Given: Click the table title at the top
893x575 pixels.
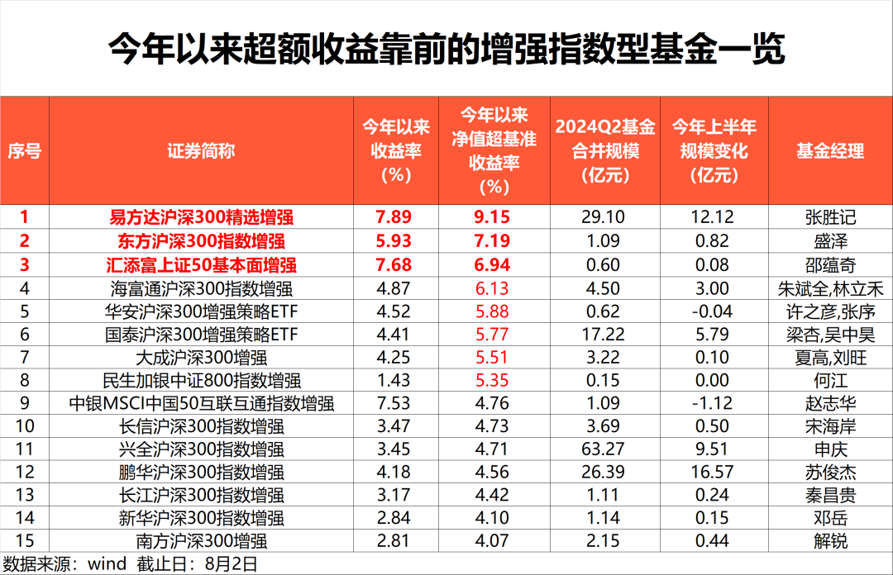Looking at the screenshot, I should pos(446,50).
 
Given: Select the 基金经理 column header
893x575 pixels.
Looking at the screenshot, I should pos(829,151).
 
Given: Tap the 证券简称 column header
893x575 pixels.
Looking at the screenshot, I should pos(201,151).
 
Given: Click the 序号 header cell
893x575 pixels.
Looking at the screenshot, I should pos(25,151).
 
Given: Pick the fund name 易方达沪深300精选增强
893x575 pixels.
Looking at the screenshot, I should pos(201,218).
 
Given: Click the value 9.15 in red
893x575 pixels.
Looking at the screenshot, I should pos(494,218).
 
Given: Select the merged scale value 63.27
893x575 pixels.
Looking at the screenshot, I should pos(603,450).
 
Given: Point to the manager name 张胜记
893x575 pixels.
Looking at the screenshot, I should pos(829,218).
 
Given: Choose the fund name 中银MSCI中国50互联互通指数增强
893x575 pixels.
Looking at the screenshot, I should pos(201,404).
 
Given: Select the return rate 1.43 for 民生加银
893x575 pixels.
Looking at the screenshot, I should pos(392,381).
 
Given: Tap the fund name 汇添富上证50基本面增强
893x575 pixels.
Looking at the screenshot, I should pos(201,265).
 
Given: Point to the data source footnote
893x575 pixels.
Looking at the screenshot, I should pos(129,564).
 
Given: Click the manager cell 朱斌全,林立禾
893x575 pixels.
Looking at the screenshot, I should pos(829,288).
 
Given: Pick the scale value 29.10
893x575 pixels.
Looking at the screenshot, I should pos(603,218).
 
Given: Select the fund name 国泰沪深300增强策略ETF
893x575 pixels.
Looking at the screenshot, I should pos(201,335).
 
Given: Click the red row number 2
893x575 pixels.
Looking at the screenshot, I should pos(25,241).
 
